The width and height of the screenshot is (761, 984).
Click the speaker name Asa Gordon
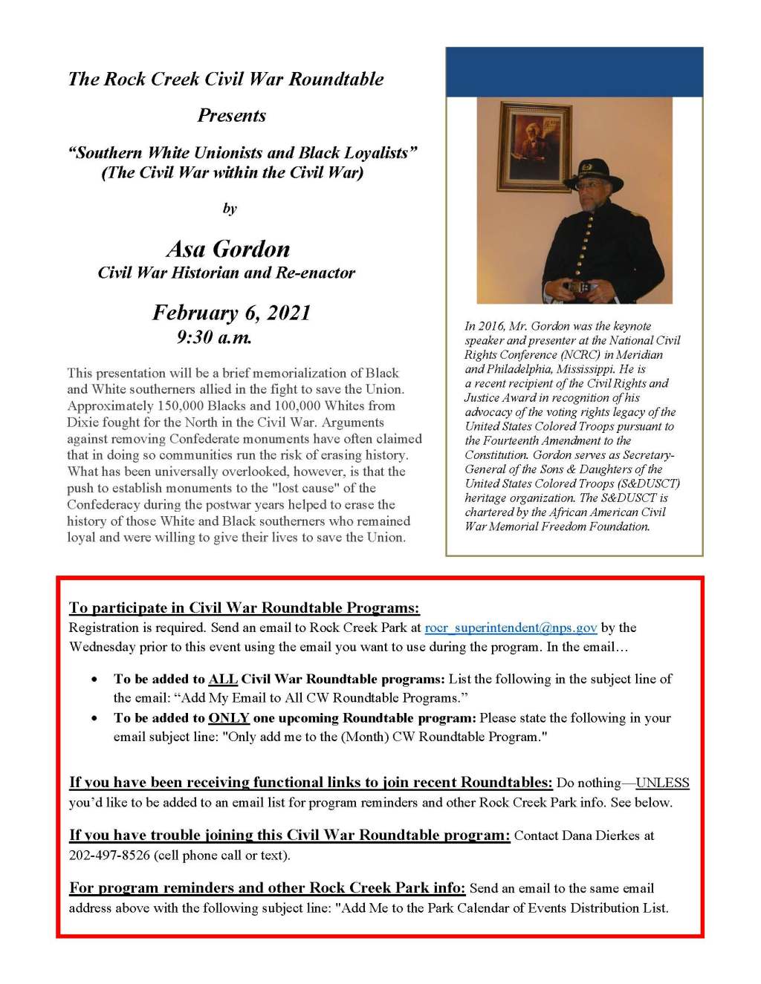tap(228, 249)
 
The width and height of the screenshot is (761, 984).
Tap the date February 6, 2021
tap(231, 313)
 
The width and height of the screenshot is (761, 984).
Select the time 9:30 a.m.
tap(214, 337)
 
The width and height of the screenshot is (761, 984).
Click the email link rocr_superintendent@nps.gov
tap(511, 628)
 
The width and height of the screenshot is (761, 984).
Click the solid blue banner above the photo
tap(574, 72)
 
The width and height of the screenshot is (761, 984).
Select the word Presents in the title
tap(231, 116)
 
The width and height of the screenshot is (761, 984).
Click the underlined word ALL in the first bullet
tap(223, 679)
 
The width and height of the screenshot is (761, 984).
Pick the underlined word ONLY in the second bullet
tap(228, 718)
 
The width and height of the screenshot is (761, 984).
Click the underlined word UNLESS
tap(662, 783)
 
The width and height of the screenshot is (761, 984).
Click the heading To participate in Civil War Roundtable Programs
tap(244, 607)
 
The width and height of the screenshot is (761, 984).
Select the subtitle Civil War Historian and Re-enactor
tap(227, 273)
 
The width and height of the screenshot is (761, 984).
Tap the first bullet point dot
tap(94, 680)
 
